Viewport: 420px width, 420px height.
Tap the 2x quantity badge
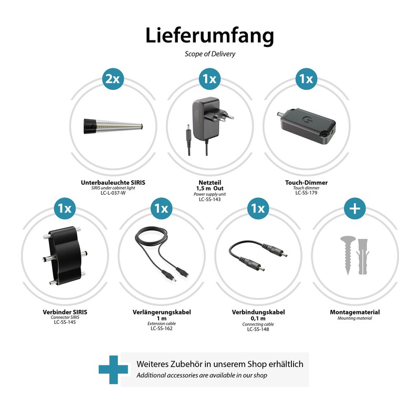113,79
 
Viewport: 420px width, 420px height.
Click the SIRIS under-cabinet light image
113,126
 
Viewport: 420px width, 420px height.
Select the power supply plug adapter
209,126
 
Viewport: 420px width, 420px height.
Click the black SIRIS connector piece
65,256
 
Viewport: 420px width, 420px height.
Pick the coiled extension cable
162,254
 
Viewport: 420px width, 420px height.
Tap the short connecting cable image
258,256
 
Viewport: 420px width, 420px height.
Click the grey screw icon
348,255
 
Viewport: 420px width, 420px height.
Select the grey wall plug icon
363,256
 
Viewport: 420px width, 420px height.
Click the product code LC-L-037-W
113,193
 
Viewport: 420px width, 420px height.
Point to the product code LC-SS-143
209,199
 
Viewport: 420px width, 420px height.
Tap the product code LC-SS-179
306,193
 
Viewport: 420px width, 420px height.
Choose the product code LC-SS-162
162,329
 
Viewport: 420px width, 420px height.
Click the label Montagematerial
355,312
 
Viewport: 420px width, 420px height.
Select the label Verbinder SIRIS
65,312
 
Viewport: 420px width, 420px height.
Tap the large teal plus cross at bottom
113,370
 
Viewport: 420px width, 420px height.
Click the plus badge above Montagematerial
355,208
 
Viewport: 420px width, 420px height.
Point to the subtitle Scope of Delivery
209,54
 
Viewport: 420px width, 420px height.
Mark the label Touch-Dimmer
306,183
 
